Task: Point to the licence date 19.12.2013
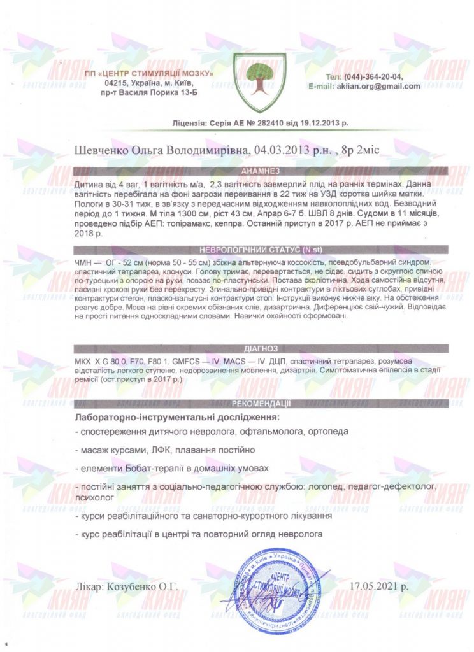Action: point(315,123)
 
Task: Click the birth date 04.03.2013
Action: point(281,149)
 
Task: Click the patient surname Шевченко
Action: point(101,149)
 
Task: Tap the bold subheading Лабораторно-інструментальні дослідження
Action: point(176,418)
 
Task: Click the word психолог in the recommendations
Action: point(94,495)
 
